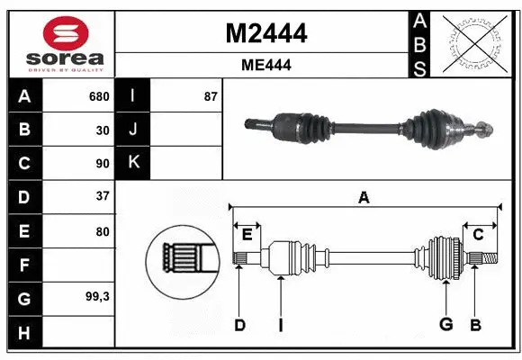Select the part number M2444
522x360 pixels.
[x=265, y=34]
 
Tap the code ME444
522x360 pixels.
[x=265, y=65]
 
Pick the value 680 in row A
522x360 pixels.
[x=98, y=96]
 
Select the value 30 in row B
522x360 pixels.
[x=102, y=130]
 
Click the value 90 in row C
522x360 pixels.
[x=102, y=164]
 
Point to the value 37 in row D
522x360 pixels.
[x=102, y=196]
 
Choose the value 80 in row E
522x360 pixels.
[x=102, y=231]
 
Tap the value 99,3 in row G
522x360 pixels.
[x=97, y=296]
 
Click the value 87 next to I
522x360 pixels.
[x=211, y=96]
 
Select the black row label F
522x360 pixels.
[x=23, y=265]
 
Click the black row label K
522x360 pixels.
[x=133, y=163]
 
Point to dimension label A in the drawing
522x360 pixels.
[x=364, y=198]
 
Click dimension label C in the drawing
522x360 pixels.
[x=478, y=234]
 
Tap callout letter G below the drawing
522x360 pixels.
[x=445, y=325]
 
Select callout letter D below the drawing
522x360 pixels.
[x=239, y=325]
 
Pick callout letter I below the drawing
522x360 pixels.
[x=280, y=325]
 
